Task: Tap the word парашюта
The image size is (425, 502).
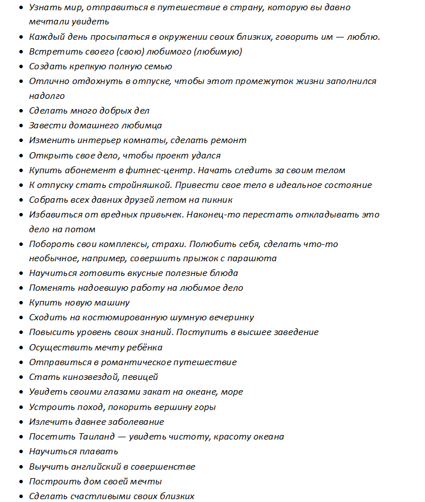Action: (256, 258)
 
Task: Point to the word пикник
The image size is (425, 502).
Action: (217, 200)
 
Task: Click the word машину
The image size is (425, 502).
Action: (113, 303)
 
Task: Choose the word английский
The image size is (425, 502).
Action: (94, 466)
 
